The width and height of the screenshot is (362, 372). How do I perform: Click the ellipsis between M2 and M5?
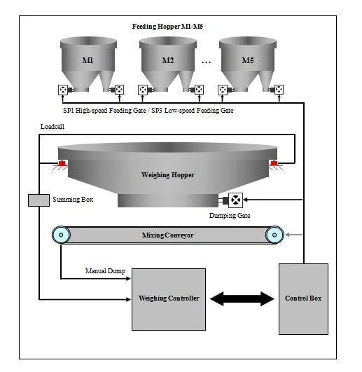tap(207, 62)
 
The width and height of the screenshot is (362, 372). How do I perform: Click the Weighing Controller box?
tap(169, 298)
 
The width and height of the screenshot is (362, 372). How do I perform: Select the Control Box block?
tap(303, 298)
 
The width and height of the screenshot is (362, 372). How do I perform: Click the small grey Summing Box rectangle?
tap(39, 200)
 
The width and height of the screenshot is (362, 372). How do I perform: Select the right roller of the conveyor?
tap(274, 235)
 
